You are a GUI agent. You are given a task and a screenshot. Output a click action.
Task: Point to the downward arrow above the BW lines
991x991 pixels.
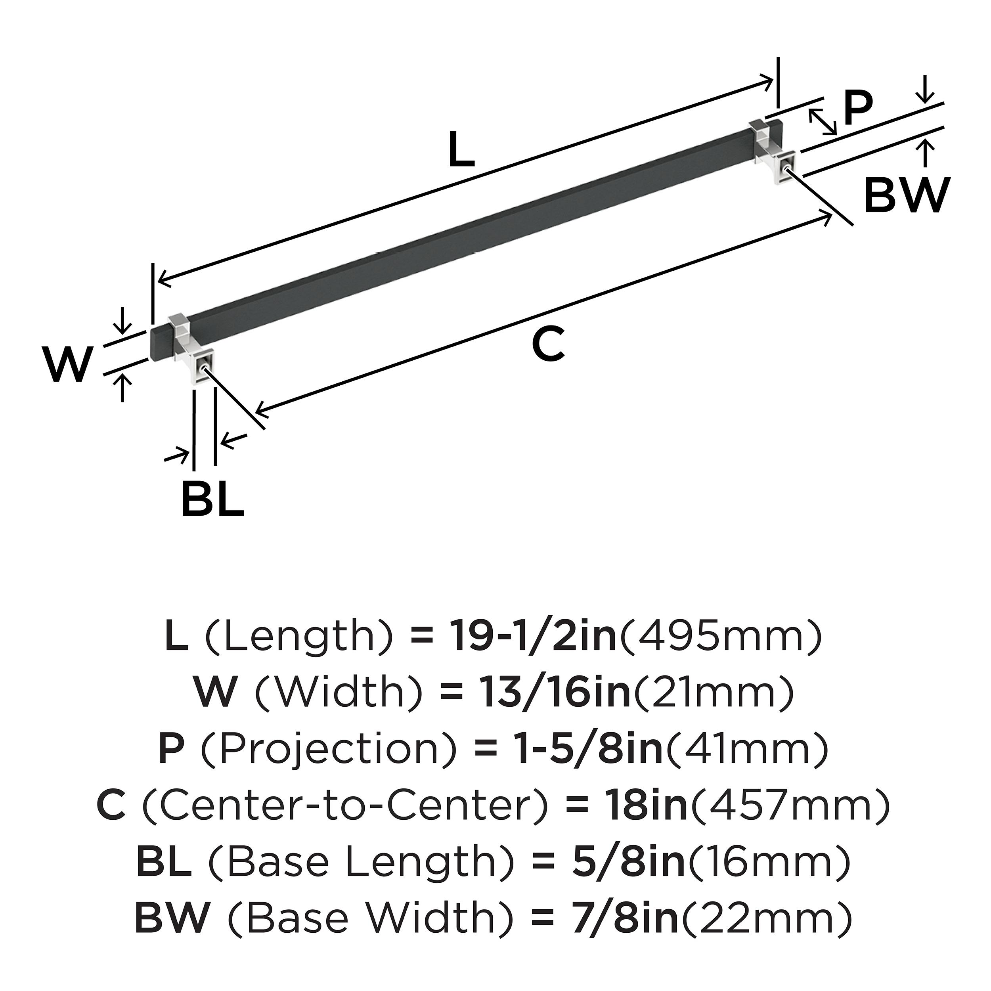[x=925, y=89]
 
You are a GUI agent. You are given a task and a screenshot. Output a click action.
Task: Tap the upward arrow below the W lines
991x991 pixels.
[x=122, y=387]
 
